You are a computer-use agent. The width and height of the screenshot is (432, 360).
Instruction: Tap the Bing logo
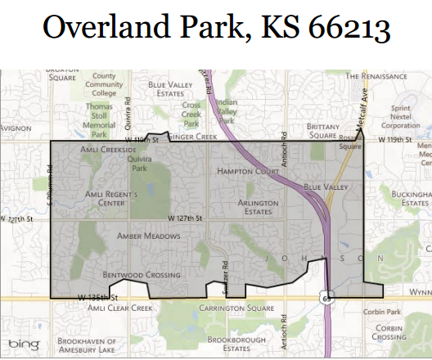coord(24,345)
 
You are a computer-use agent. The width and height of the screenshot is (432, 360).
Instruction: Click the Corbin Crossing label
coord(388,331)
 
